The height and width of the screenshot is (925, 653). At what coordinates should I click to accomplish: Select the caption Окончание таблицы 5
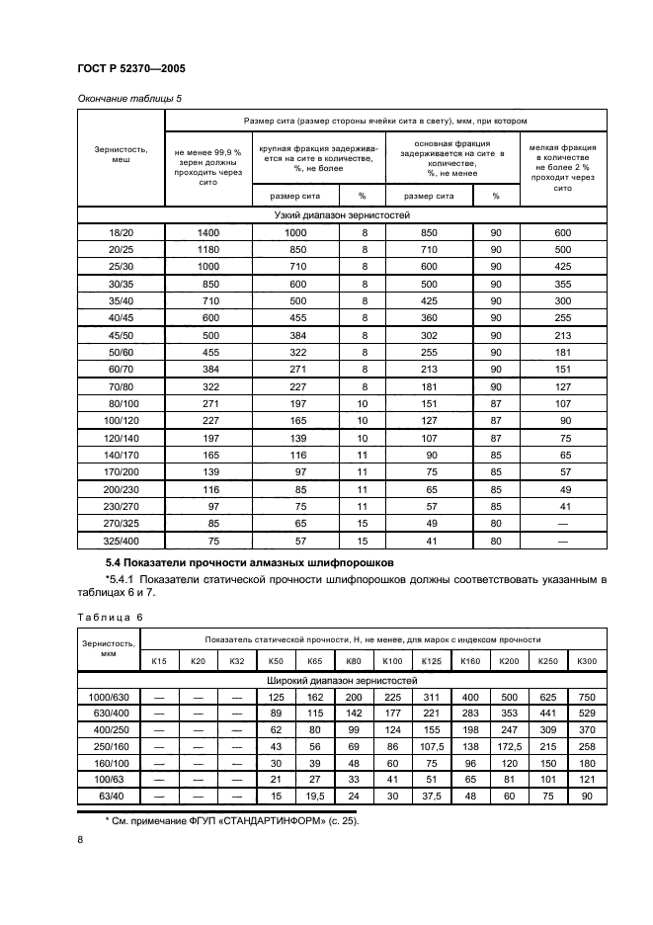[129, 98]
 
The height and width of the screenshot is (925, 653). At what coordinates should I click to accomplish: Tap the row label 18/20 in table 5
[121, 231]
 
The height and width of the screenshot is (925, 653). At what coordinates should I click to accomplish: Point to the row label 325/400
[121, 541]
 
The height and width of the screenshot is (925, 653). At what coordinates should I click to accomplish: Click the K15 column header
[158, 660]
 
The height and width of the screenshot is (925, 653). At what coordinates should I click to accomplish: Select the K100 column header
[392, 660]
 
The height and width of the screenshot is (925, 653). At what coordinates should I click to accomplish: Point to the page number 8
[80, 839]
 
